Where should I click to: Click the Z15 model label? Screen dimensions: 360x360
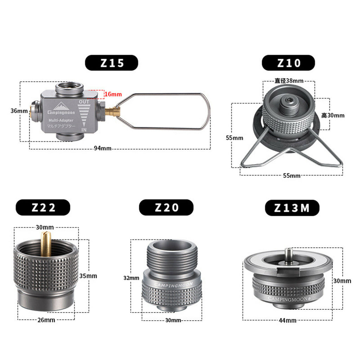(x=111, y=63)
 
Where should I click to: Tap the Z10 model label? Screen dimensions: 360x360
(x=288, y=63)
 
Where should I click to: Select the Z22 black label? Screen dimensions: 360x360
(x=43, y=207)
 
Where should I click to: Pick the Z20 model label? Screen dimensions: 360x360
(x=166, y=207)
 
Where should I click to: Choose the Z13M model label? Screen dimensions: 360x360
(x=292, y=208)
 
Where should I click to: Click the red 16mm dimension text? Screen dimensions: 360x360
(x=113, y=94)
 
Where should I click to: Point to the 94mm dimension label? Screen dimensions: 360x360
(x=103, y=148)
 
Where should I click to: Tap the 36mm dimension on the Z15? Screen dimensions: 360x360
(x=19, y=111)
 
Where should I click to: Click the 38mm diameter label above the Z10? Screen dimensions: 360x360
(x=289, y=81)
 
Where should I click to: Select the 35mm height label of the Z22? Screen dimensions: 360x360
(x=88, y=276)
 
